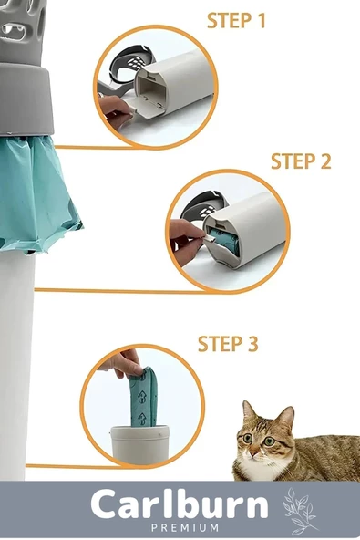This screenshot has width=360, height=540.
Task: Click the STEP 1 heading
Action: click(236, 21)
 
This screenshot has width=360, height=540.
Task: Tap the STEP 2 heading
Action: click(301, 161)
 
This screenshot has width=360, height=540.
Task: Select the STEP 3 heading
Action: click(228, 343)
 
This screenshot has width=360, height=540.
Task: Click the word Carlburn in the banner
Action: click(180, 504)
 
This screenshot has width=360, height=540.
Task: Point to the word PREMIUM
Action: click(185, 527)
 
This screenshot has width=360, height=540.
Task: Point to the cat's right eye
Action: click(248, 438)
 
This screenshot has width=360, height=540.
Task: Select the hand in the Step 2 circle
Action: click(185, 240)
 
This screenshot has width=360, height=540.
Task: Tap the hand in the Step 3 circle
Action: click(122, 363)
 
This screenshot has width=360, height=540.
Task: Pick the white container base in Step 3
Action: click(139, 444)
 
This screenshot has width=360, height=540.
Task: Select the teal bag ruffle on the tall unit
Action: click(38, 193)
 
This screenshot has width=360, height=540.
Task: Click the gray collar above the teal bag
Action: click(26, 99)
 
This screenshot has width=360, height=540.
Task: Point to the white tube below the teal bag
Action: click(16, 365)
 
